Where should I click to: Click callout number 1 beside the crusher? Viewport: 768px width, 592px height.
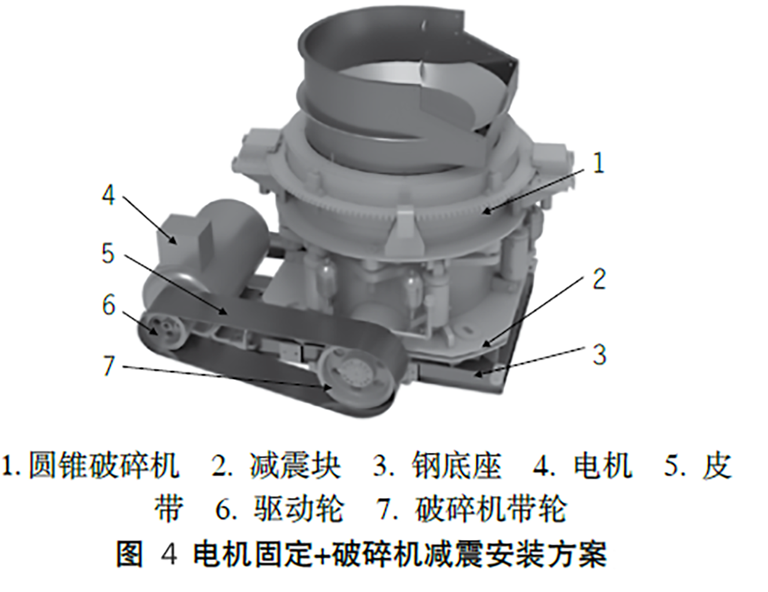[598, 164]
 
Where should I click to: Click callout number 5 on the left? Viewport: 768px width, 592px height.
[108, 253]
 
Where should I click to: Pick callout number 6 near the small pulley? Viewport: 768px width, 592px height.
[108, 305]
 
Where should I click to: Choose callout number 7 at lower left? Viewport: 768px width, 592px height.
[108, 365]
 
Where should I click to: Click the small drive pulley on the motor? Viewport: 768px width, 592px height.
[160, 331]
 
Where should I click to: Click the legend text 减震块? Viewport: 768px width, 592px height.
[295, 465]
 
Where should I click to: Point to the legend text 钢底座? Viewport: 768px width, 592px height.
[456, 465]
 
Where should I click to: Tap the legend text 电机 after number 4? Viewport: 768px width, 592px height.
[603, 465]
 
